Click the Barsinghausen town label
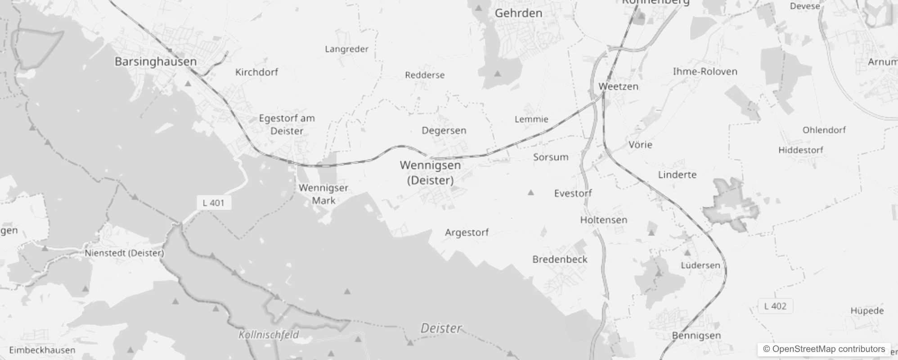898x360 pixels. click(x=156, y=62)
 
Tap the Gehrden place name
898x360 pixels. click(x=518, y=13)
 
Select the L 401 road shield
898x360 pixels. click(x=214, y=203)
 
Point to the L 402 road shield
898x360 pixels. click(x=775, y=306)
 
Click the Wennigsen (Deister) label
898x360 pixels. click(x=431, y=173)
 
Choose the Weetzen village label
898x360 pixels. click(x=618, y=86)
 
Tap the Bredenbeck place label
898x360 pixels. click(x=560, y=259)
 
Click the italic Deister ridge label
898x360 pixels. click(x=441, y=328)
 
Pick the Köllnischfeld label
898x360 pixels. click(x=269, y=335)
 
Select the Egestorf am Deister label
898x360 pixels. click(x=287, y=125)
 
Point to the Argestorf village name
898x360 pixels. click(x=467, y=233)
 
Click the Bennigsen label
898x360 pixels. click(x=696, y=336)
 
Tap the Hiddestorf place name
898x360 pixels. click(x=801, y=150)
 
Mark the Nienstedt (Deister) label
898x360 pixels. click(x=125, y=253)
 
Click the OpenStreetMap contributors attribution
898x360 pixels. click(x=824, y=349)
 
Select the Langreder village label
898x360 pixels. click(x=346, y=49)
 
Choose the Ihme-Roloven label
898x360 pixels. click(x=705, y=72)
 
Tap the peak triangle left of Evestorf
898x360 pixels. click(x=531, y=193)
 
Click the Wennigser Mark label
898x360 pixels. click(x=323, y=194)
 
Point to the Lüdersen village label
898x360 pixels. click(x=700, y=265)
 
